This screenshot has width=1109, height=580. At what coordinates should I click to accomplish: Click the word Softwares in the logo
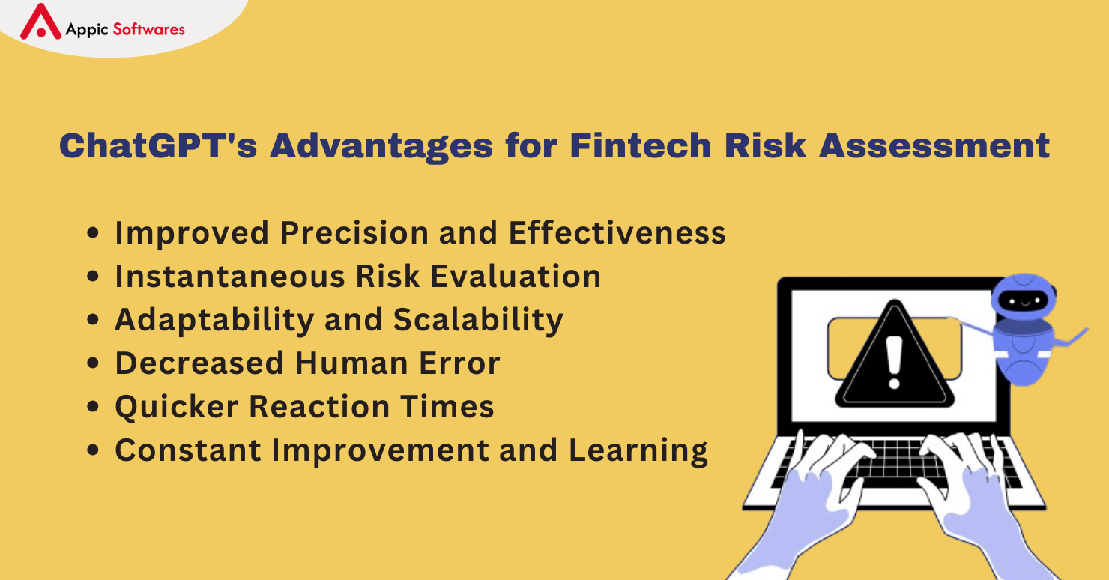tap(149, 29)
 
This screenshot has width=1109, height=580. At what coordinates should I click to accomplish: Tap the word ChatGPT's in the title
tap(158, 145)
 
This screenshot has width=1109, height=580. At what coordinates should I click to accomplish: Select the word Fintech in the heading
tap(641, 145)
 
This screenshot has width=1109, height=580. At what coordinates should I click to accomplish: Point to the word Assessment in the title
tap(934, 145)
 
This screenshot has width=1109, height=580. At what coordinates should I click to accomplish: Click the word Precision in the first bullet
tap(354, 232)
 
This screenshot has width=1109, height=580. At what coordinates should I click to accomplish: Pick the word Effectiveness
tap(617, 232)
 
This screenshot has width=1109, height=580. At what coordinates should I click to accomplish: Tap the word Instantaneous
tap(230, 276)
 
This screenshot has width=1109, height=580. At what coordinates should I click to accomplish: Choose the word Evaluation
tap(516, 276)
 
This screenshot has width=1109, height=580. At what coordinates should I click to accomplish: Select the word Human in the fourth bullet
tap(351, 363)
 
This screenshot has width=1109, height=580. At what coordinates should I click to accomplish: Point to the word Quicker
tap(177, 407)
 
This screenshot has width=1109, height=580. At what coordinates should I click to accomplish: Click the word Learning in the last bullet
tap(638, 451)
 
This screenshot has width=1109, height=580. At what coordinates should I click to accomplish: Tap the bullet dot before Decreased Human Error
tap(93, 363)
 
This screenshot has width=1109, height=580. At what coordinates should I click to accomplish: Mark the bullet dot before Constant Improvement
tap(93, 450)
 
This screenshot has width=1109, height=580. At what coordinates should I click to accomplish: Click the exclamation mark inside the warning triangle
tap(894, 362)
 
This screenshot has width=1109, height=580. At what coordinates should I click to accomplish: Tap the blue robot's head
tap(1023, 297)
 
